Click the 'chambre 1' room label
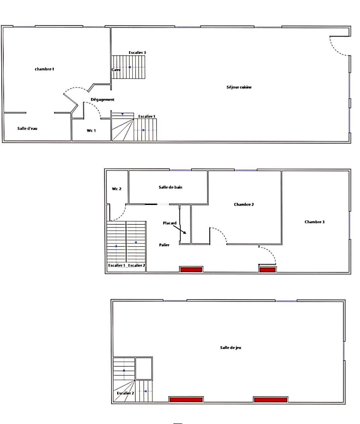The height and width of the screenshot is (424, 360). (44, 69)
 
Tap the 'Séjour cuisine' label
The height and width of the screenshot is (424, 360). (239, 87)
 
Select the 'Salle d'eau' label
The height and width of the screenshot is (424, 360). (27, 128)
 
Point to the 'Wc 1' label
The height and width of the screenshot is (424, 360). (91, 131)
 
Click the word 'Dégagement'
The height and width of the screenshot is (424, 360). (102, 100)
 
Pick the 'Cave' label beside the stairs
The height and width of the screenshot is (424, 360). (116, 70)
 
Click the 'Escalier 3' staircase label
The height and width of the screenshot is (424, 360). (137, 53)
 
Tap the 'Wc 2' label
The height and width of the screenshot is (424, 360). (117, 189)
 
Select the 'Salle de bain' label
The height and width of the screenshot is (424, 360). (171, 187)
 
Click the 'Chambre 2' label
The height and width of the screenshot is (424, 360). (244, 205)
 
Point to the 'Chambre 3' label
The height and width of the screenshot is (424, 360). (314, 222)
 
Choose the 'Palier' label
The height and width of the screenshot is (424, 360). (164, 245)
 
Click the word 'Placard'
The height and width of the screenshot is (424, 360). (170, 223)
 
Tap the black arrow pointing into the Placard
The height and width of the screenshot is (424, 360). (180, 230)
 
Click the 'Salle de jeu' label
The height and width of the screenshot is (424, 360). (231, 348)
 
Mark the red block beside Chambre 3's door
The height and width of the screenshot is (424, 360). (267, 270)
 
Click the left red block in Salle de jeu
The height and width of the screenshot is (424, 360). (186, 400)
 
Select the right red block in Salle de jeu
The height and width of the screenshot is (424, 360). (270, 400)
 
